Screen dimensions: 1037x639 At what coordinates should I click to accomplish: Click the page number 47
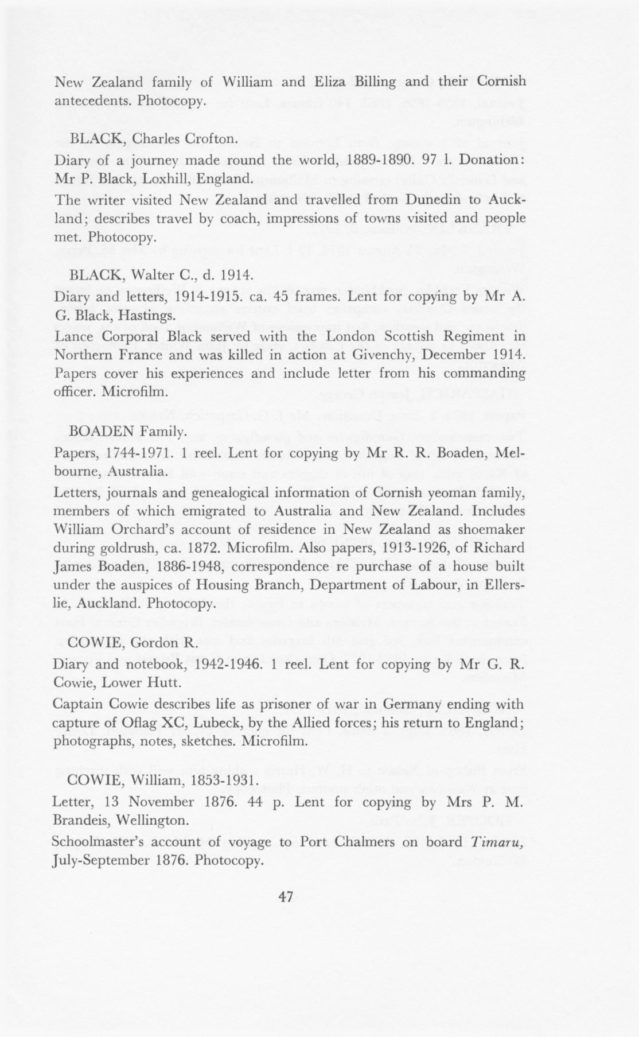point(286,897)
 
